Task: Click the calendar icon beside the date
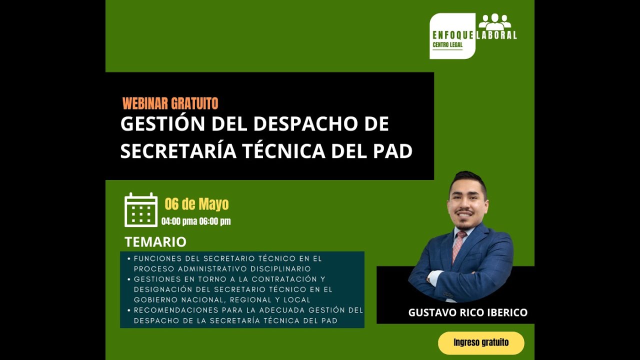click(x=141, y=209)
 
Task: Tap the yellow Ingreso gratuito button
click(x=481, y=343)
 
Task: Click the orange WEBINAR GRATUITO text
click(x=170, y=103)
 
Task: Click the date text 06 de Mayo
click(x=196, y=204)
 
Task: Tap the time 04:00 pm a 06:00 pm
click(x=196, y=221)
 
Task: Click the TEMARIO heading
click(x=155, y=242)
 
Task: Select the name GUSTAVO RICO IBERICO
click(x=467, y=312)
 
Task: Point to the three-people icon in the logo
click(x=495, y=22)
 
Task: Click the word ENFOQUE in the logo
click(x=453, y=35)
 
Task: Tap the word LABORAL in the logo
click(x=496, y=35)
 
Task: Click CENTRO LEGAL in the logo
click(x=447, y=44)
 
